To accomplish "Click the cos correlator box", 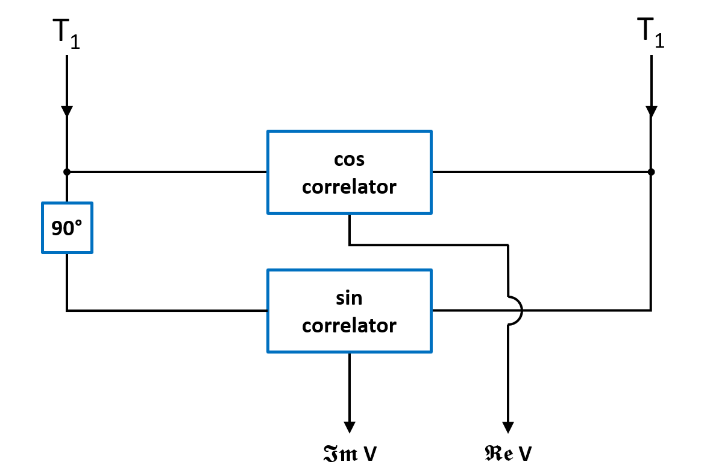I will (349, 172).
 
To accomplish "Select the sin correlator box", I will (349, 311).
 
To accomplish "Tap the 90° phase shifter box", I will (67, 227).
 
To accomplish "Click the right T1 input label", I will (651, 34).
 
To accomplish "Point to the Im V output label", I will (349, 454).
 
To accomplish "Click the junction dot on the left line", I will (67, 172).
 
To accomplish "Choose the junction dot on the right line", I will (651, 172).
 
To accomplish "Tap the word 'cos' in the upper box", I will (349, 160).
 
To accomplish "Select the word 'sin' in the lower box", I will (349, 299).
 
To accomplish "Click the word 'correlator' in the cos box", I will (349, 187).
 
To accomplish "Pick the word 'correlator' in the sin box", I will (349, 326).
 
